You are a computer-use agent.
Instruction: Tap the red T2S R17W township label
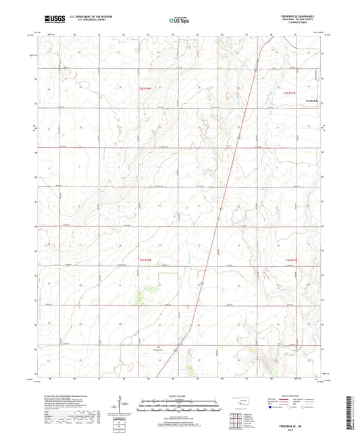pyautogui.click(x=291, y=91)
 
